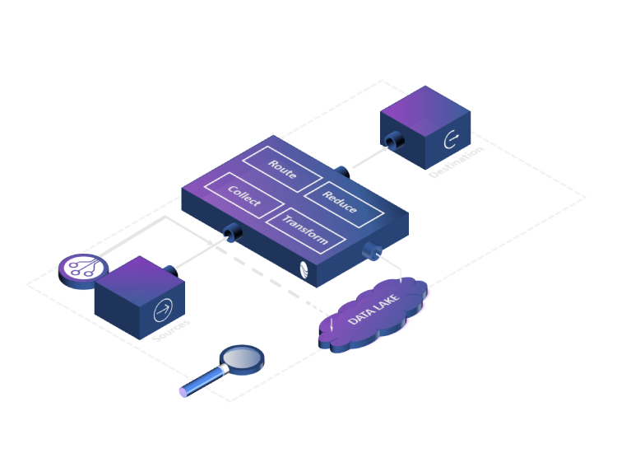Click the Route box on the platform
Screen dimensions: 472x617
pos(281,170)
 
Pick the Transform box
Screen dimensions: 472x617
pos(304,230)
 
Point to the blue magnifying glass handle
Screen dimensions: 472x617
pos(202,381)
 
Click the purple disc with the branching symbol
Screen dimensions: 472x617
pos(83,268)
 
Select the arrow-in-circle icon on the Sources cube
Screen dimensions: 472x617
pos(162,312)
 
